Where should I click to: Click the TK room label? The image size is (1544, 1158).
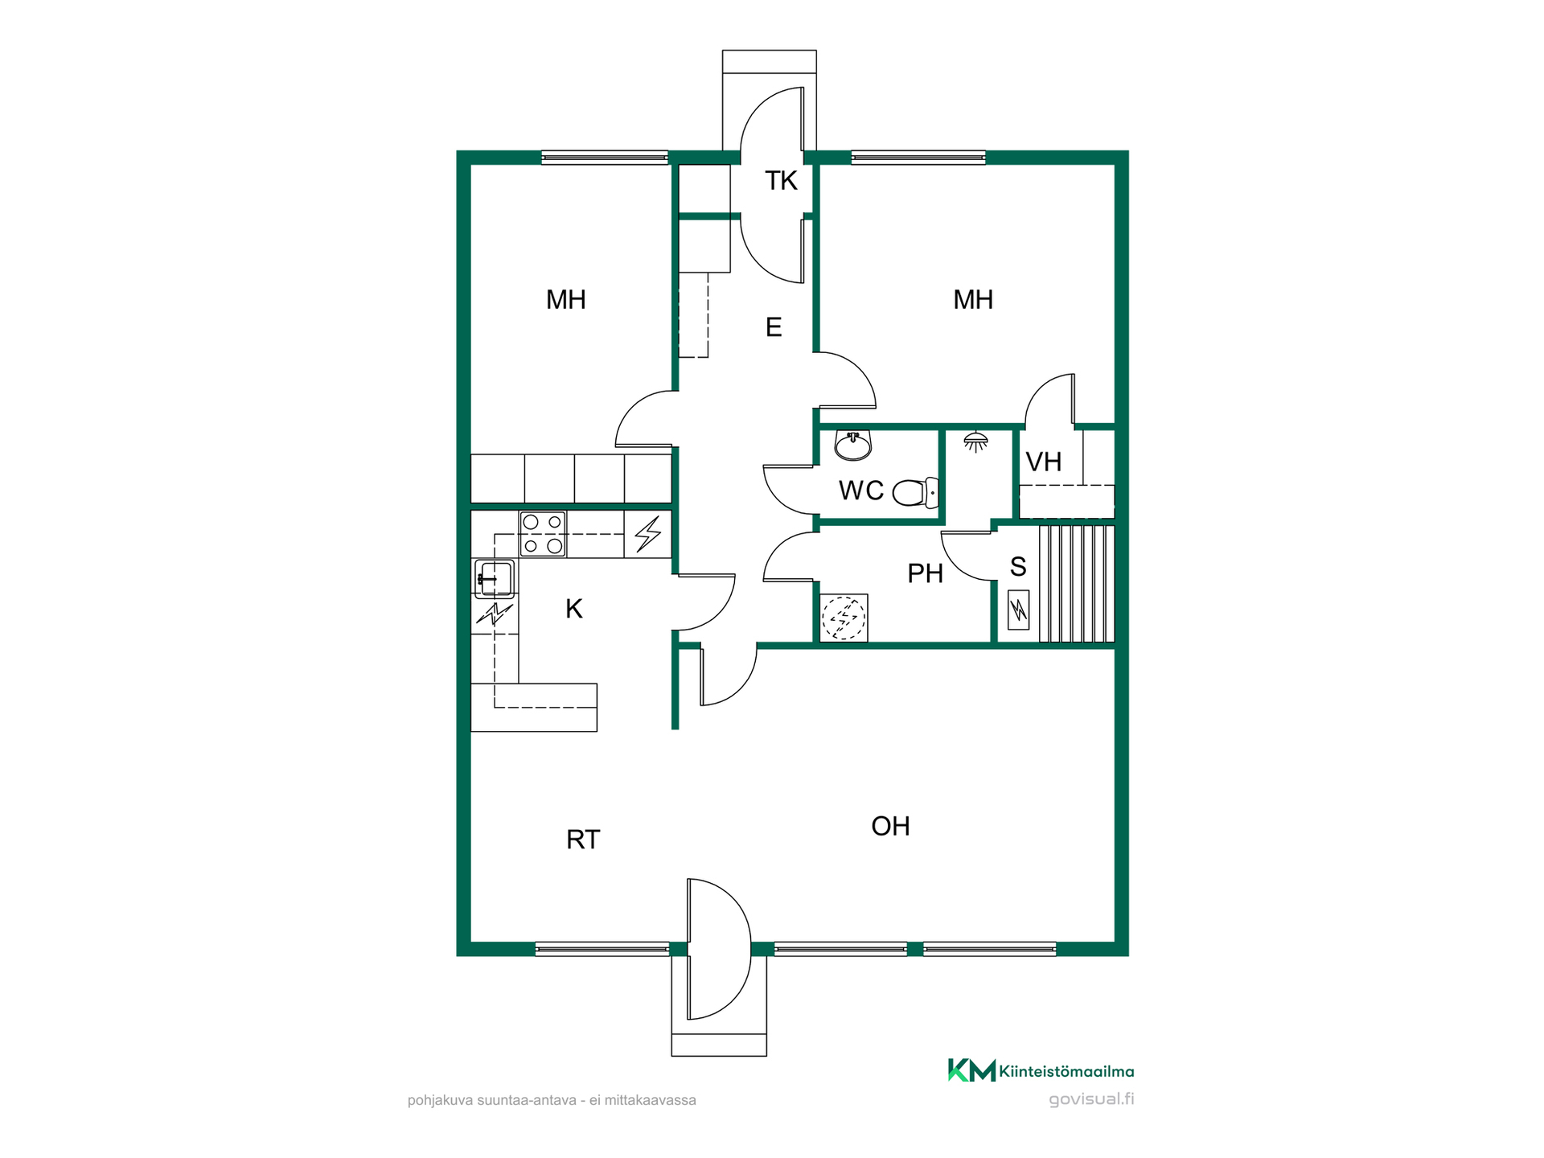pyautogui.click(x=781, y=181)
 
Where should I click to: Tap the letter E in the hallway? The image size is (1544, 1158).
pyautogui.click(x=774, y=327)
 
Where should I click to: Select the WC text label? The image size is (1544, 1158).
pyautogui.click(x=861, y=491)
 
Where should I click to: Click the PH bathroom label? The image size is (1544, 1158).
pyautogui.click(x=925, y=573)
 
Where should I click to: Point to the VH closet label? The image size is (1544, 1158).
pyautogui.click(x=1044, y=462)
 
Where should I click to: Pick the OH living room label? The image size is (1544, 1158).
pyautogui.click(x=891, y=826)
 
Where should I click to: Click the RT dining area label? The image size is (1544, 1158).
pyautogui.click(x=583, y=840)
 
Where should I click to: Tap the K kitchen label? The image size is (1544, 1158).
pyautogui.click(x=574, y=609)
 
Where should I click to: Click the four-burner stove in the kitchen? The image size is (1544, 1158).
pyautogui.click(x=543, y=534)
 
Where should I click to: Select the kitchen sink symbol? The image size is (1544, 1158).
pyautogui.click(x=494, y=578)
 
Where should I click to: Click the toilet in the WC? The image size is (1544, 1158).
pyautogui.click(x=916, y=492)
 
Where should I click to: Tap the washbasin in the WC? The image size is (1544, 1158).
pyautogui.click(x=853, y=445)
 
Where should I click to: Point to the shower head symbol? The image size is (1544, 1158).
pyautogui.click(x=975, y=441)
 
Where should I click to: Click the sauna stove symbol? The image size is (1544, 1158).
pyautogui.click(x=1019, y=610)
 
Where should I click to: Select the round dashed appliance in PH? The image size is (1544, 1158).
pyautogui.click(x=844, y=618)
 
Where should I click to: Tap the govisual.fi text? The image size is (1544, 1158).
pyautogui.click(x=1091, y=1099)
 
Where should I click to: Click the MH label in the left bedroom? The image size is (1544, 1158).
pyautogui.click(x=566, y=300)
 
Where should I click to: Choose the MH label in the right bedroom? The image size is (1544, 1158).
pyautogui.click(x=973, y=300)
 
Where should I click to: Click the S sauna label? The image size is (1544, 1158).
pyautogui.click(x=1018, y=567)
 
